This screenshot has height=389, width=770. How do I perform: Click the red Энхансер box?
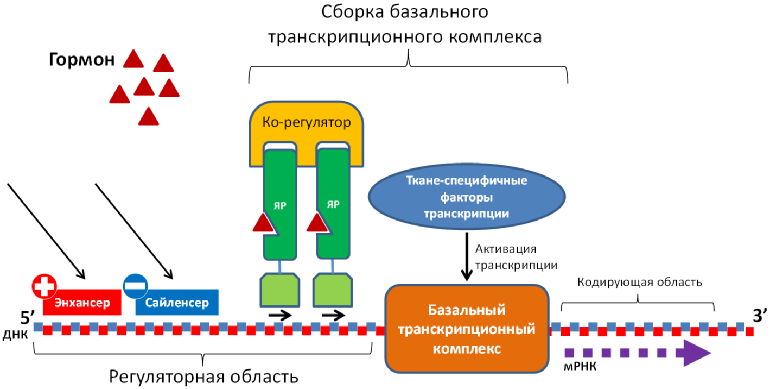(82, 302)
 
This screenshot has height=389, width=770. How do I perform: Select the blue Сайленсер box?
(177, 302)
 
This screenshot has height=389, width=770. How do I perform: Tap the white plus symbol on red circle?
(44, 286)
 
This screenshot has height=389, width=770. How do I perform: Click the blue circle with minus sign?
(136, 286)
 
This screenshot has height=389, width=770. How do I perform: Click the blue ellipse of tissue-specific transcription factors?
(467, 197)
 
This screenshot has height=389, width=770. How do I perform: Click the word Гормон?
(81, 60)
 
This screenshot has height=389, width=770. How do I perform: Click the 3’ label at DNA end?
(759, 315)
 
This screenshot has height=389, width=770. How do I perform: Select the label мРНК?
(580, 367)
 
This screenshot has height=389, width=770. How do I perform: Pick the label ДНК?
(16, 335)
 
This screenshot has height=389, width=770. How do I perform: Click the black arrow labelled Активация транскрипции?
(467, 257)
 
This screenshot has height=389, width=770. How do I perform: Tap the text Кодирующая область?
(639, 283)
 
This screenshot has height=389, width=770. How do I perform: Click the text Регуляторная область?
(203, 377)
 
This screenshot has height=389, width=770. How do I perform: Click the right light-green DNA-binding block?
(333, 290)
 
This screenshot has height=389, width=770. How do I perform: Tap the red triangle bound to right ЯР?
(317, 222)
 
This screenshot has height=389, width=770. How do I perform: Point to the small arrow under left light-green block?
(280, 315)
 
